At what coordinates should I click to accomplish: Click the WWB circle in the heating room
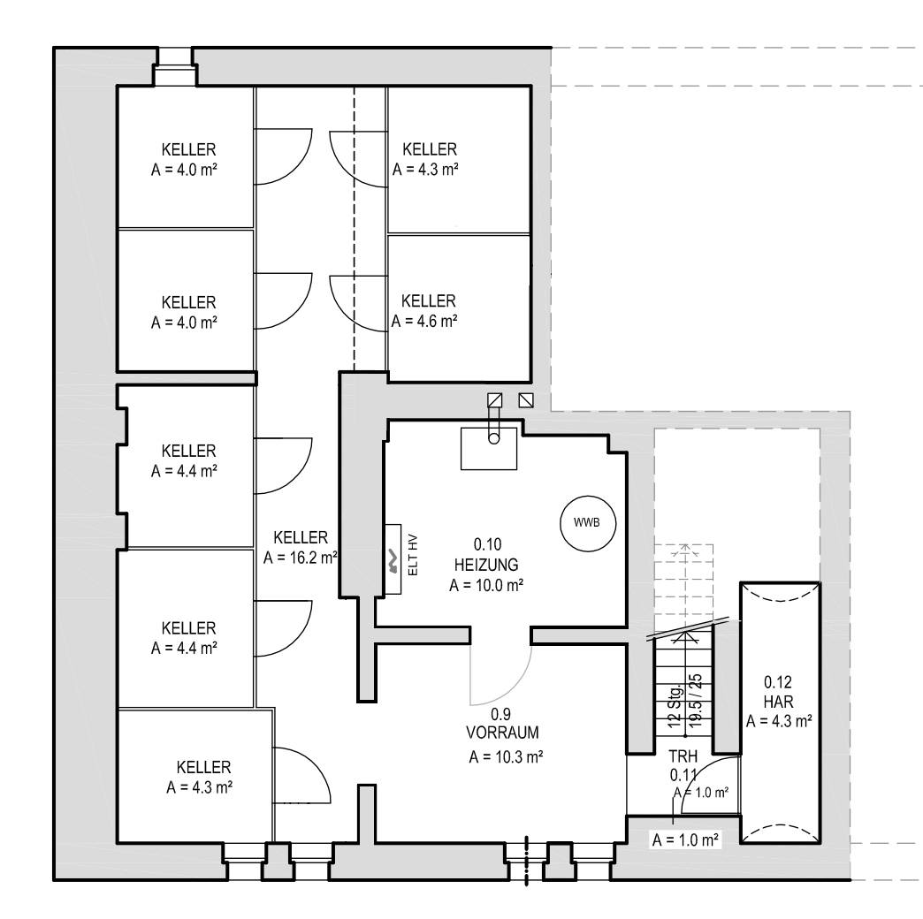coord(587,522)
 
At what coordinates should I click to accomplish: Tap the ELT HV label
coord(413,555)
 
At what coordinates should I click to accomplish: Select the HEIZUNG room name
coord(486,565)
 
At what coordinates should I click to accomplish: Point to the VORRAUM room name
coord(502,733)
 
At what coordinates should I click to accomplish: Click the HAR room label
coord(778,702)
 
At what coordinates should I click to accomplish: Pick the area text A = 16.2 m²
coord(301,558)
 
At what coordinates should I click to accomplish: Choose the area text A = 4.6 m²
coord(424,321)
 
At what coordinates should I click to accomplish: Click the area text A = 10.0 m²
coord(486,585)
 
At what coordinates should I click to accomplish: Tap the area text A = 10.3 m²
coord(506,756)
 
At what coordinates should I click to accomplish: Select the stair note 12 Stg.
coord(675,705)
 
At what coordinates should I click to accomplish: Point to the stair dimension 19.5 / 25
coord(696,700)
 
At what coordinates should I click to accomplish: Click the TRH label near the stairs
coord(683,756)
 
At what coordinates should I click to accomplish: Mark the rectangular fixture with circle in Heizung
coord(489,448)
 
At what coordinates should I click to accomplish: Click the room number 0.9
coord(500,714)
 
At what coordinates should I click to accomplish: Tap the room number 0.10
coord(487,544)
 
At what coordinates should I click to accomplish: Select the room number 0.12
coord(778,682)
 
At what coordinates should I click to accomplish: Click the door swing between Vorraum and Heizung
coord(515,689)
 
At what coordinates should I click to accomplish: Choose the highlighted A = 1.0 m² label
coord(685,839)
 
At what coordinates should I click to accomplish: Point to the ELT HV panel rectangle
coord(393,559)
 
